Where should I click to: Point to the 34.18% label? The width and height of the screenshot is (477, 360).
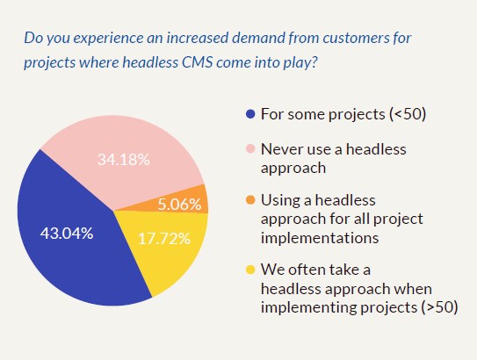pos(123,160)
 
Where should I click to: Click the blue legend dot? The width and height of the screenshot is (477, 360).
pos(250,114)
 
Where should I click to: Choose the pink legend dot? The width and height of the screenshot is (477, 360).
pos(250,149)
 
